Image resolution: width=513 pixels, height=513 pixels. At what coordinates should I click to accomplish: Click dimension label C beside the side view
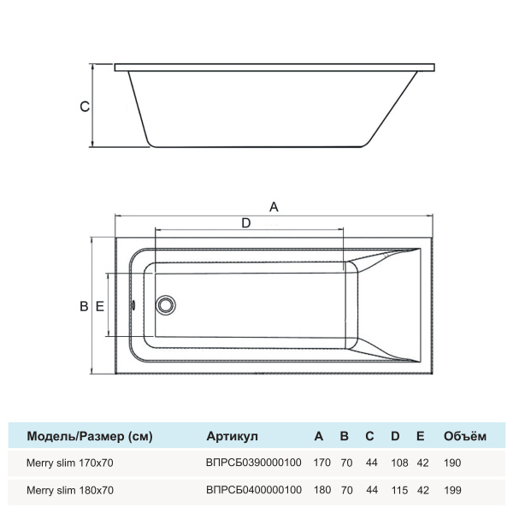pyautogui.click(x=83, y=108)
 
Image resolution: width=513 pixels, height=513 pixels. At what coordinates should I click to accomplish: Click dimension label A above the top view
pyautogui.click(x=274, y=206)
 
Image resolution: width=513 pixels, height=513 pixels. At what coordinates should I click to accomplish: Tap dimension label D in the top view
pyautogui.click(x=246, y=223)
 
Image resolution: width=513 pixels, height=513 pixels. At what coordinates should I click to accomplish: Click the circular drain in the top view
pyautogui.click(x=165, y=305)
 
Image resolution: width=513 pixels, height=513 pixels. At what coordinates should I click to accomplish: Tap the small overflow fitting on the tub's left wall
pyautogui.click(x=133, y=305)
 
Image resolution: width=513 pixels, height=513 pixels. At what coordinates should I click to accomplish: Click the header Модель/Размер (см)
pyautogui.click(x=90, y=436)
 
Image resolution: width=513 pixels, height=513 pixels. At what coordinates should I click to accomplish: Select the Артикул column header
pyautogui.click(x=232, y=436)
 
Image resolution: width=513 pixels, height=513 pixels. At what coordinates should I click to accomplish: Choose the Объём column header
pyautogui.click(x=465, y=436)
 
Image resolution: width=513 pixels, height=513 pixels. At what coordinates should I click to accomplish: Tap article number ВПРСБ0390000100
pyautogui.click(x=254, y=463)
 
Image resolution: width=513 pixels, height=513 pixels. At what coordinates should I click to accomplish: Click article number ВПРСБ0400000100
pyautogui.click(x=254, y=491)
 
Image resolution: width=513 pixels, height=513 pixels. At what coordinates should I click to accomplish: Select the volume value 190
pyautogui.click(x=452, y=463)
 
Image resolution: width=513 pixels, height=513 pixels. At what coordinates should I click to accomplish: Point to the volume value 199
pyautogui.click(x=452, y=491)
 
